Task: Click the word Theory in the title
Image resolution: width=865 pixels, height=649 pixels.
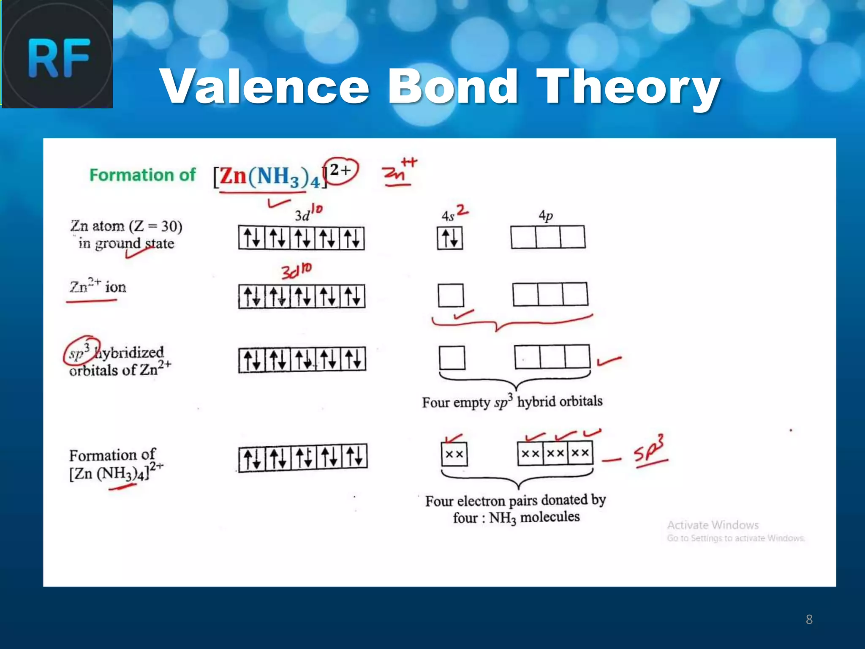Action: click(628, 87)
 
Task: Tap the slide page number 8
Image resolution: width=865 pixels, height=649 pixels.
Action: click(809, 619)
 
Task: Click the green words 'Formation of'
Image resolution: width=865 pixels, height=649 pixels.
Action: click(142, 175)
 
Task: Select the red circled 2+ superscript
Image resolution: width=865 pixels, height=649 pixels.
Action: click(340, 171)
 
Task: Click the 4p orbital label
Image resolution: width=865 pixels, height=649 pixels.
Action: click(546, 216)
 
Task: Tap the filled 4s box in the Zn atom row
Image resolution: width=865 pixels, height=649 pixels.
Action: click(450, 238)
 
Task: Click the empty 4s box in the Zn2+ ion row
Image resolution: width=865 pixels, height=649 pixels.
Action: click(451, 295)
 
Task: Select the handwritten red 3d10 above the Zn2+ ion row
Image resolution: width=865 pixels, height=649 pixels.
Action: click(296, 271)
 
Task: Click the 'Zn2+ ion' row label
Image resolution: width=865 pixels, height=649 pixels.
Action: click(98, 287)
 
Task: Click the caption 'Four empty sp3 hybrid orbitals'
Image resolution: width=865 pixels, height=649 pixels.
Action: click(512, 401)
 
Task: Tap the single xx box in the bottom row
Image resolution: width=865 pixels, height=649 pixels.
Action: click(454, 454)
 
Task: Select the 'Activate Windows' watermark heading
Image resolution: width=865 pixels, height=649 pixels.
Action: click(713, 525)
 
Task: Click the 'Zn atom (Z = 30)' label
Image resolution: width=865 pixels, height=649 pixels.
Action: click(126, 226)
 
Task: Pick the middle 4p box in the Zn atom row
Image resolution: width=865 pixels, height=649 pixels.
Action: click(548, 237)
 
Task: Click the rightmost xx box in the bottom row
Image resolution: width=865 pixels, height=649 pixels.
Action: click(580, 453)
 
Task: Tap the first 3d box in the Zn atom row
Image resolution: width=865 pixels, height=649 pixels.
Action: click(252, 238)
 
